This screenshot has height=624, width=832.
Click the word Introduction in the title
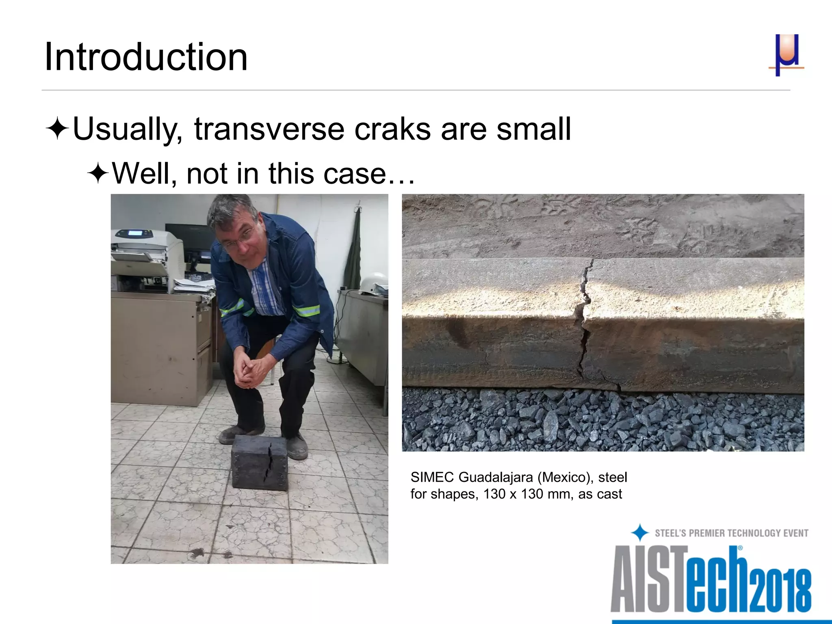pyautogui.click(x=145, y=57)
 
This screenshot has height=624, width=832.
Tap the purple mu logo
pyautogui.click(x=786, y=55)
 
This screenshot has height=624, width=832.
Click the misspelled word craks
pyautogui.click(x=392, y=129)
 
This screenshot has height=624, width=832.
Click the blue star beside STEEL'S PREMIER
pyautogui.click(x=640, y=533)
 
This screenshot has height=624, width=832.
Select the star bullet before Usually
pyautogui.click(x=57, y=129)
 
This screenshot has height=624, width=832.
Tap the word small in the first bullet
pyautogui.click(x=533, y=129)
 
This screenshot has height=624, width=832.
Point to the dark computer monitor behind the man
pyautogui.click(x=187, y=244)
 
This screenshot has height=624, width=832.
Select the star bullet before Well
pyautogui.click(x=97, y=174)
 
